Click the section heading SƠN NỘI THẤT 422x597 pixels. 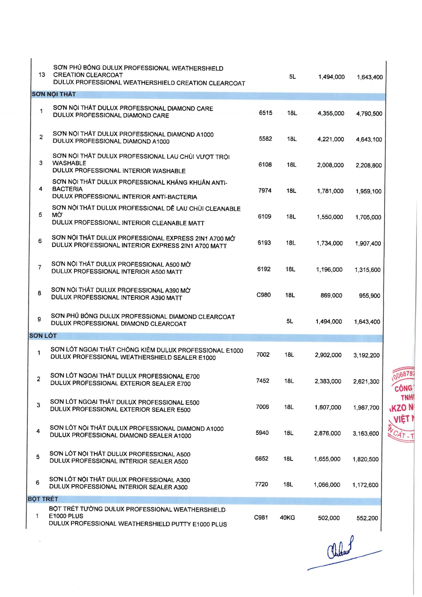[x=54, y=94]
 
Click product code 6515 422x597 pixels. [x=266, y=113]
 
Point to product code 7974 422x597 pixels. [x=265, y=191]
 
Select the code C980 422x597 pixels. [x=264, y=295]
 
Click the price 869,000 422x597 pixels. [x=331, y=295]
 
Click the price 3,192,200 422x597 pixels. [x=366, y=355]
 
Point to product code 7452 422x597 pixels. [x=263, y=381]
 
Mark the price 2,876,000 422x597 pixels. [x=327, y=433]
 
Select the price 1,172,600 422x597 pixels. [x=365, y=485]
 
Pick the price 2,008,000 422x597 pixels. [x=330, y=165]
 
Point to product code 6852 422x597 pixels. [x=262, y=459]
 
